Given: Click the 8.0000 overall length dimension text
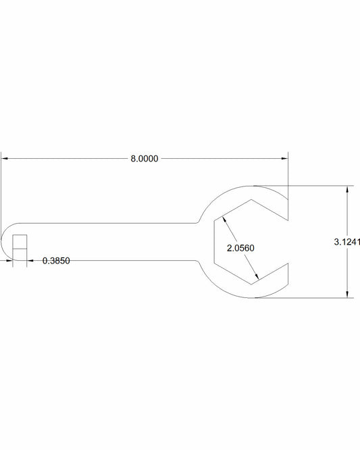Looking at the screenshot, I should coord(144,159).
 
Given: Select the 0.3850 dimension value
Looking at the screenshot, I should coord(57,260).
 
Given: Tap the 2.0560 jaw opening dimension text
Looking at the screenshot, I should coord(240,248).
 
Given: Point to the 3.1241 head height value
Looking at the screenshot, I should coord(346,241).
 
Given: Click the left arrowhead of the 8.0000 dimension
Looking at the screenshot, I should coord(5,159).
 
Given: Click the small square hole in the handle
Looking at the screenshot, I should coord(20,242).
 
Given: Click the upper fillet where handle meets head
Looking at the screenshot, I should coord(197,220).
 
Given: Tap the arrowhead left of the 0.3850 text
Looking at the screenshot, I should coord(31,260).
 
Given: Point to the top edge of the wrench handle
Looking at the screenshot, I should coord(101,222).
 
